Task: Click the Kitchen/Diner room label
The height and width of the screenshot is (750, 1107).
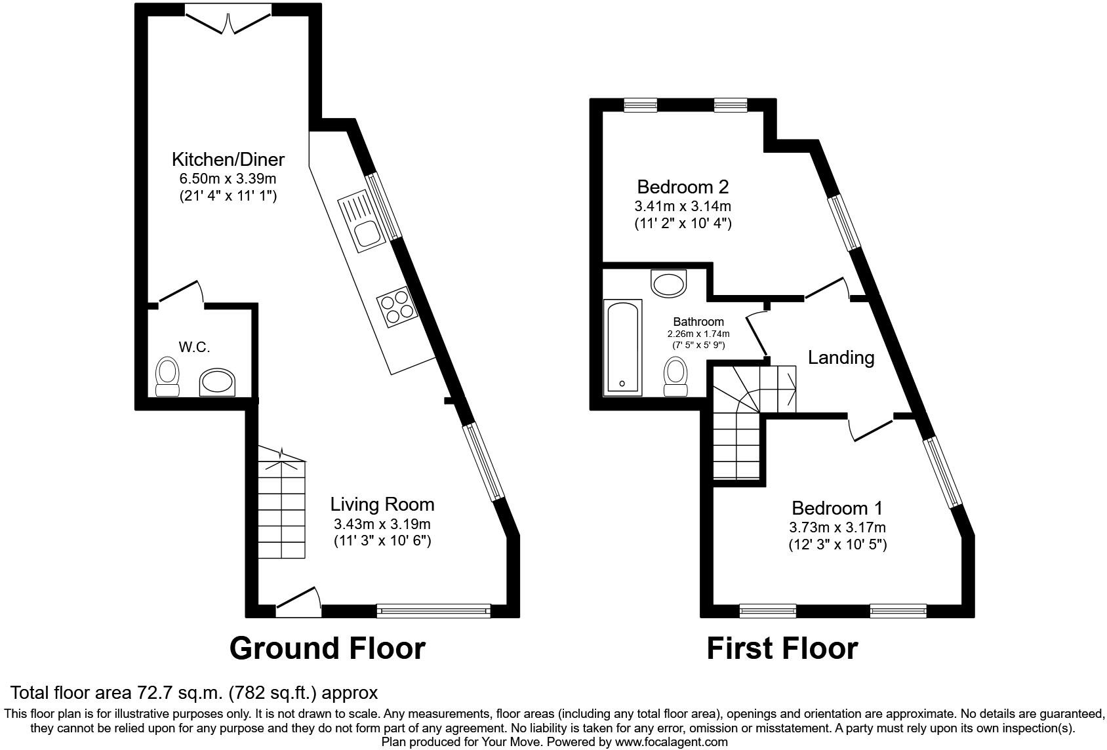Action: point(228,159)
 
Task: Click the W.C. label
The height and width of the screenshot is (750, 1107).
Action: point(194,347)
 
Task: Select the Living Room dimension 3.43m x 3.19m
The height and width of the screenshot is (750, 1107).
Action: point(382,524)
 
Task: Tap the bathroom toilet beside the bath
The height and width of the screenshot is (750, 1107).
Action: point(675,376)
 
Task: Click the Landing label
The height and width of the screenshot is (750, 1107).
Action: point(841,357)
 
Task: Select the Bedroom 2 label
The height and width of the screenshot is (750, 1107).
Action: point(683,187)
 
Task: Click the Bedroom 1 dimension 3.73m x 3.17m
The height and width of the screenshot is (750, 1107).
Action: point(837,527)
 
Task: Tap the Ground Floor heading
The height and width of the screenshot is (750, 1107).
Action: point(327,648)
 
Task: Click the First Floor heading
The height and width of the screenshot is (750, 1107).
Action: point(782,648)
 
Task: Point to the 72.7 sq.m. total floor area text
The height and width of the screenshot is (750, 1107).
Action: point(193,692)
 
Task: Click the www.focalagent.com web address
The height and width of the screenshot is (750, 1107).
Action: point(671,742)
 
